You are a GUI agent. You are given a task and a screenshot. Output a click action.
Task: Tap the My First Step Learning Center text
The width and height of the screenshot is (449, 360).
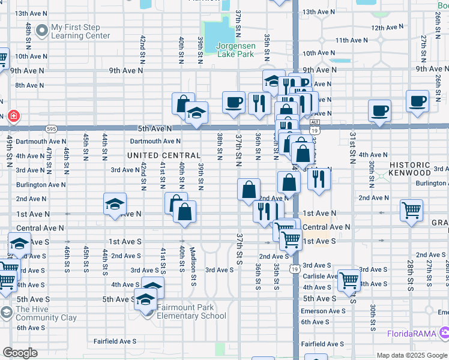[x=80, y=31]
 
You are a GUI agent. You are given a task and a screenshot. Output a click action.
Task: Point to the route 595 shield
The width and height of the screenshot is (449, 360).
[x=52, y=128]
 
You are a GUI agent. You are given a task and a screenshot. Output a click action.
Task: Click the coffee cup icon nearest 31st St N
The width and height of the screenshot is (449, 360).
[x=379, y=111]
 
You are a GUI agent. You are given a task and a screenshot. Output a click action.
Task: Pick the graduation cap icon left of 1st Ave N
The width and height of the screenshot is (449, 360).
[x=114, y=204]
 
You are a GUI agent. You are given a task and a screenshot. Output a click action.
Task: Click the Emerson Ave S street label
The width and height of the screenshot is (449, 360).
[x=323, y=311]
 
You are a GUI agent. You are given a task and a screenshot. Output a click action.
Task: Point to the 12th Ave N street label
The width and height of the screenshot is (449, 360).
[x=386, y=28]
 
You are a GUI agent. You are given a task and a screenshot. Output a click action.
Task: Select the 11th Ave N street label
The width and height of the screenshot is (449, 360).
[x=352, y=40]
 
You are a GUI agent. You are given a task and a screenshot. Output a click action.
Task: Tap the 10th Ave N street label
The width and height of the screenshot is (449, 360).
[x=29, y=56]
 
